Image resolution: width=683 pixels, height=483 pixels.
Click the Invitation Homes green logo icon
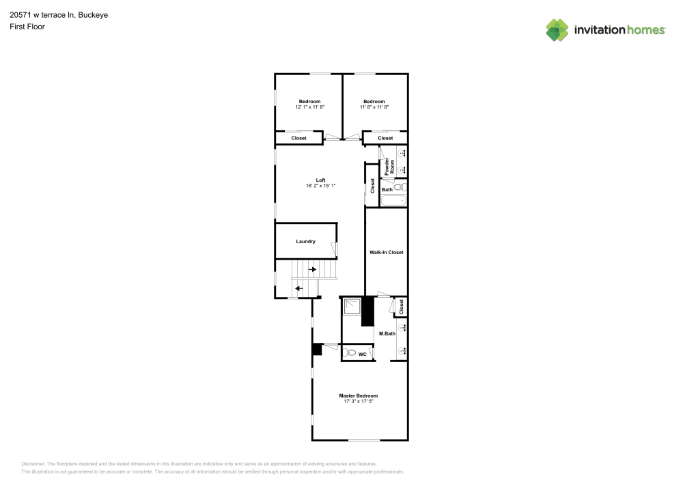click(x=557, y=29)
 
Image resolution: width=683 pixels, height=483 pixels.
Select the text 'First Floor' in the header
click(x=27, y=27)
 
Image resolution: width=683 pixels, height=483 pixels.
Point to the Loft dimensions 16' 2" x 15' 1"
click(x=320, y=186)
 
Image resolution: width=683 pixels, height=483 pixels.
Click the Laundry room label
click(x=305, y=241)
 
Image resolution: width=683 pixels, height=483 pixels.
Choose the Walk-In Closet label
click(x=386, y=252)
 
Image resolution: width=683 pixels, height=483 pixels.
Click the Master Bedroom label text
click(x=359, y=396)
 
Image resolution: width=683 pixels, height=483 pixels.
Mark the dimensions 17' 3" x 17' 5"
click(x=359, y=402)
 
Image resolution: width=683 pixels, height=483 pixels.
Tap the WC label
click(x=363, y=355)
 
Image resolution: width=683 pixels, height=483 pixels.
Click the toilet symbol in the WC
click(x=349, y=353)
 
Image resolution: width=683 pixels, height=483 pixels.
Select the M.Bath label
click(x=387, y=333)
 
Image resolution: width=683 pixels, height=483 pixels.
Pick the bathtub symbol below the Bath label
click(x=393, y=201)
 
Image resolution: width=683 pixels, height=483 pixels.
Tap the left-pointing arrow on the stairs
click(x=298, y=288)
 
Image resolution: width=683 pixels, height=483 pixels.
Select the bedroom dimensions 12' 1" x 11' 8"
click(x=309, y=107)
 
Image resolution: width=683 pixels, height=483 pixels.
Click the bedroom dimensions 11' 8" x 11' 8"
click(x=374, y=107)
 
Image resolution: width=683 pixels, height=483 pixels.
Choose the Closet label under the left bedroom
click(x=299, y=138)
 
